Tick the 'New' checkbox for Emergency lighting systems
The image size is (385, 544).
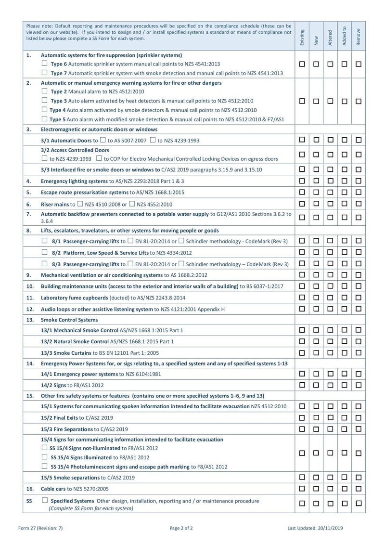pos(316,181)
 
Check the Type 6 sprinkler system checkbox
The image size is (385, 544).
pos(44,64)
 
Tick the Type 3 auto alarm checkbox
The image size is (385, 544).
pos(44,101)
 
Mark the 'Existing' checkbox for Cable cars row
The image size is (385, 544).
pos(302,488)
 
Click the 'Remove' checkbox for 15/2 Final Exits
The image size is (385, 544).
pos(358,417)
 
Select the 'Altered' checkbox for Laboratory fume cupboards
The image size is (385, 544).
pos(330,298)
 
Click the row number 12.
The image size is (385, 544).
pos(29,309)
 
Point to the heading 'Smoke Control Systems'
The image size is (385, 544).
pos(69,320)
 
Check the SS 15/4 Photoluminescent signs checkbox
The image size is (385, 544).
pos(44,466)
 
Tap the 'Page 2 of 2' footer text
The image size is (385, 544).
pos(181,528)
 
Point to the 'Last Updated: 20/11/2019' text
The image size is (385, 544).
pos(315,528)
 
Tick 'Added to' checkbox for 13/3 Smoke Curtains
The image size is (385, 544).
pos(344,353)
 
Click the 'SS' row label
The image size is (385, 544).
pos(29,501)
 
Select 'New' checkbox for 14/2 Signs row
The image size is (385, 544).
pos(316,385)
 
